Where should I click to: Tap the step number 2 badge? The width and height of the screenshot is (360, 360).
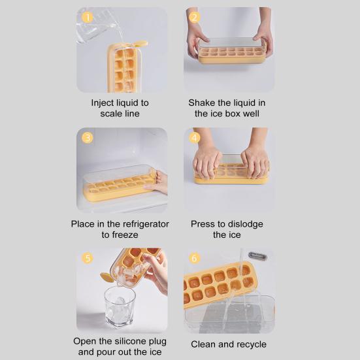click(x=194, y=18)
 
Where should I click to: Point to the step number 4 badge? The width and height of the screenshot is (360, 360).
click(x=194, y=138)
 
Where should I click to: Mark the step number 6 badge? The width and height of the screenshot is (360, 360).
click(x=194, y=258)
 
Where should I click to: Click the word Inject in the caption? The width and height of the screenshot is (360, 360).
click(x=105, y=103)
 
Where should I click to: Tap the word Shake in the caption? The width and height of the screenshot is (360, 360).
click(x=203, y=103)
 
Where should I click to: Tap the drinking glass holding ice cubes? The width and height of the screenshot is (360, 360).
click(x=120, y=306)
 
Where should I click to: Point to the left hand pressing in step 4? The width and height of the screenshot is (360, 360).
click(x=208, y=163)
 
